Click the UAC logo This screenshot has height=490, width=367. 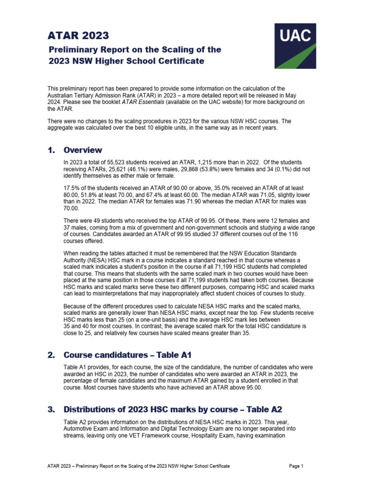[x=295, y=46]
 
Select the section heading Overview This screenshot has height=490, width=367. [x=83, y=150]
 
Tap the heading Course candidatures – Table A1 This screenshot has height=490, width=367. [x=128, y=355]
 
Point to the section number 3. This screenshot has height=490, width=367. [x=51, y=409]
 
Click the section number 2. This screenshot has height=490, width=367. [x=51, y=355]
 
